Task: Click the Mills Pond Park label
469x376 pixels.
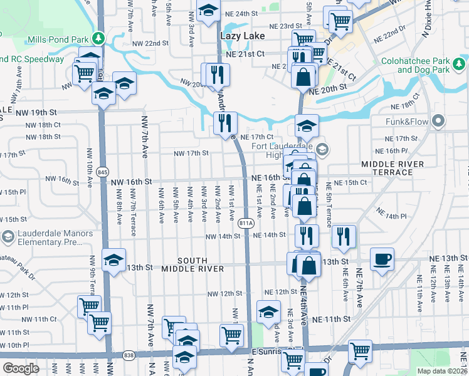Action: [58, 39]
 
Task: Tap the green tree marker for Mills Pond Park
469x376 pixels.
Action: [97, 39]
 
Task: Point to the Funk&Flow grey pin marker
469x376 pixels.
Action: [438, 120]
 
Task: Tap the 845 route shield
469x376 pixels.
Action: [103, 172]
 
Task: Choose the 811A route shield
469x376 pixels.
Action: [246, 222]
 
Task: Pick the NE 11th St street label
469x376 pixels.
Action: [330, 319]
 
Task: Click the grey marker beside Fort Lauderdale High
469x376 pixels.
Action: [322, 149]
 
